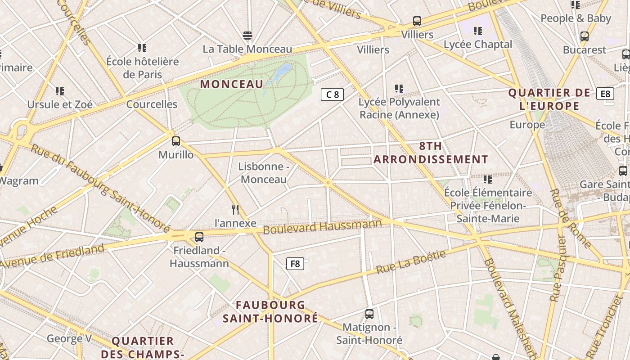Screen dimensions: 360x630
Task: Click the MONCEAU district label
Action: click(231, 84)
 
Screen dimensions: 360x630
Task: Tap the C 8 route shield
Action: click(332, 94)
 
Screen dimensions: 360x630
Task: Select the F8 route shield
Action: click(295, 264)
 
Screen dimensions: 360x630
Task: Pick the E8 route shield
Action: click(605, 94)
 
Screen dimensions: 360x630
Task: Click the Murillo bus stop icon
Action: click(176, 141)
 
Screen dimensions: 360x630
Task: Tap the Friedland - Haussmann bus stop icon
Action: click(199, 237)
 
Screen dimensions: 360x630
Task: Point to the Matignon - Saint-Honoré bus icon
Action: click(369, 314)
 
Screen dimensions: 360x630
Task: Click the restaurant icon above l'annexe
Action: click(235, 209)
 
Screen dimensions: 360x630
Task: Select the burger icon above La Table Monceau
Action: click(247, 35)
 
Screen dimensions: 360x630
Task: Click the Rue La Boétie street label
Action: click(410, 262)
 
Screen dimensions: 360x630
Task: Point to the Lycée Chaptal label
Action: click(478, 44)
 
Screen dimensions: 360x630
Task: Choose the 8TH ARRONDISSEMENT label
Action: click(431, 153)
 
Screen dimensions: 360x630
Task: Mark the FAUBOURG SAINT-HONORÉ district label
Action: click(270, 311)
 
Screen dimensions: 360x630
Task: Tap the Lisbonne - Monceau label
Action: click(263, 173)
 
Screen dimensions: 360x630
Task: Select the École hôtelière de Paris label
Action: click(143, 67)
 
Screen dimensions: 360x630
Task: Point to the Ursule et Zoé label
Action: click(60, 104)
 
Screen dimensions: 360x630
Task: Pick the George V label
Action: click(65, 338)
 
